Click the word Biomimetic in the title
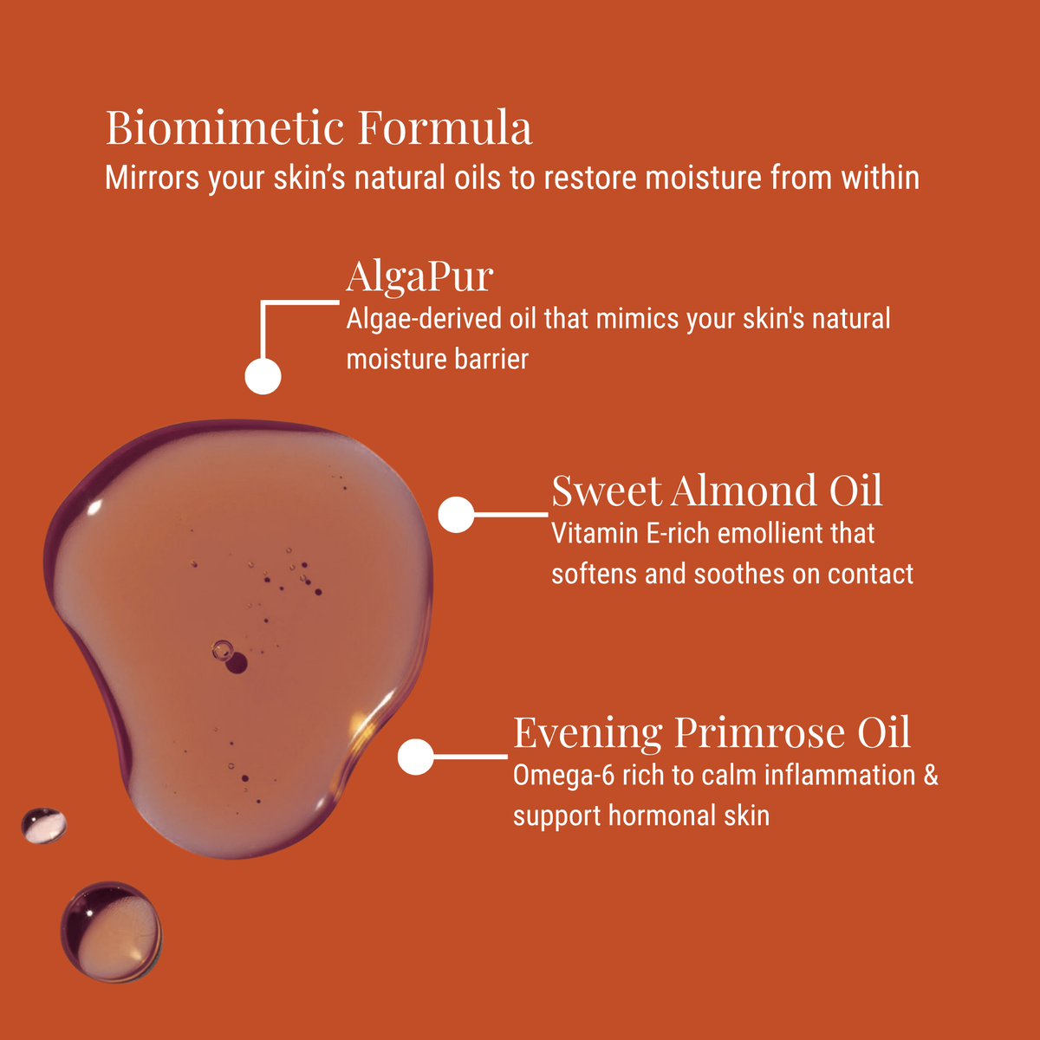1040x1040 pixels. coord(224,127)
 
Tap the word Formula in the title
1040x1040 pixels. coord(445,127)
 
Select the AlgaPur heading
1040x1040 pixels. coord(419,277)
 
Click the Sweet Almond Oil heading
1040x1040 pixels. coord(717,491)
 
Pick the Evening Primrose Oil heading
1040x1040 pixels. coord(712,734)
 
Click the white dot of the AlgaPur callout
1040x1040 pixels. coord(263,376)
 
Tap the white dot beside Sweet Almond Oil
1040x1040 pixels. coord(456,514)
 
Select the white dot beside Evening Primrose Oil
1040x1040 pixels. coord(416,757)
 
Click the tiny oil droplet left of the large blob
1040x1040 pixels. coord(43,825)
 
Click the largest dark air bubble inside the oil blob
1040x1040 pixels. coord(236,663)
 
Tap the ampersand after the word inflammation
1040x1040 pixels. coord(931,776)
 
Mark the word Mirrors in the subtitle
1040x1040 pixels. coord(153,178)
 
